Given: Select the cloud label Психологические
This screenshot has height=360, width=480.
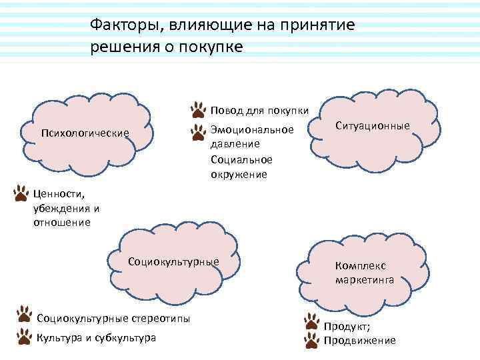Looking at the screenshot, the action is click(x=85, y=133).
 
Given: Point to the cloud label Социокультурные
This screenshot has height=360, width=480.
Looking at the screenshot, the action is click(x=173, y=261).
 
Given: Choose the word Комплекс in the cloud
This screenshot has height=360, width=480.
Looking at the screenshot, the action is click(x=361, y=265).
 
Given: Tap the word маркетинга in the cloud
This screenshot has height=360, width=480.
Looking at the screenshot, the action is click(x=365, y=280).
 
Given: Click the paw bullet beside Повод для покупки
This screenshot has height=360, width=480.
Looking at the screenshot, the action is click(x=199, y=109).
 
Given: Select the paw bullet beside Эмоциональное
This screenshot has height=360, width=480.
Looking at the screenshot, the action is click(x=198, y=131).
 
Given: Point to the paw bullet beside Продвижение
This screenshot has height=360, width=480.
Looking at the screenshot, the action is click(x=311, y=341).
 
